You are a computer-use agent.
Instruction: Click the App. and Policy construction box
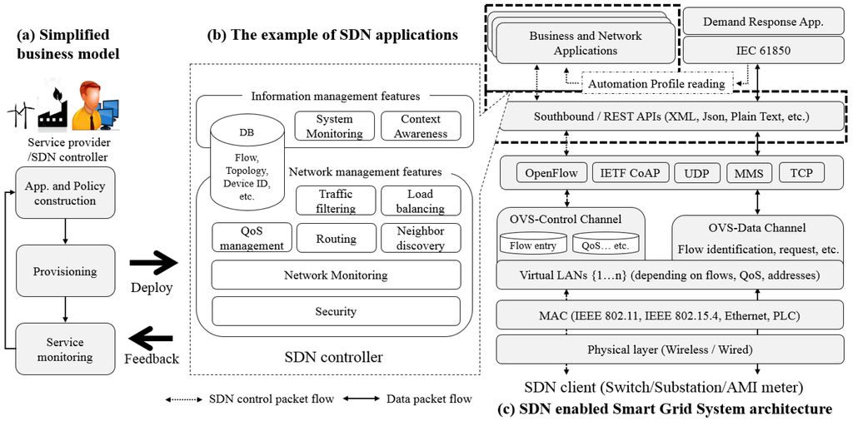pos(65,193)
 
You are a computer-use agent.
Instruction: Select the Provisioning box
pos(65,271)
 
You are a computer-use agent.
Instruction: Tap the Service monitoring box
pos(65,349)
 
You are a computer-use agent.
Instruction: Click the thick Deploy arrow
pos(154,264)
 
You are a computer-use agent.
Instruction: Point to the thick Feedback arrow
pos(151,339)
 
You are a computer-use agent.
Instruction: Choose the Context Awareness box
pos(422,126)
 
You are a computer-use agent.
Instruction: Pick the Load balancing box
pos(420,201)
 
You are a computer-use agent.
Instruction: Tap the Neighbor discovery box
pos(420,238)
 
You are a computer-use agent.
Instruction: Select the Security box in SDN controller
pos(336,311)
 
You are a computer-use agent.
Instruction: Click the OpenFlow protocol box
pos(551,173)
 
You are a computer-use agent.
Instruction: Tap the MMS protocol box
pos(744,173)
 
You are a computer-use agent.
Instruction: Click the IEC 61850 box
pos(763,50)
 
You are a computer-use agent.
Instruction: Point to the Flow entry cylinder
pos(532,245)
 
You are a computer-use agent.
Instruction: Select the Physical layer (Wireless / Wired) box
pos(670,349)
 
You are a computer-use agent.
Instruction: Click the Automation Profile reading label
pos(657,83)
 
